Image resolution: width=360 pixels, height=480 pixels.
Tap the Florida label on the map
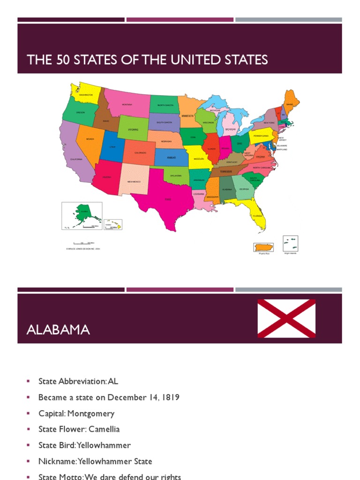tap(257, 216)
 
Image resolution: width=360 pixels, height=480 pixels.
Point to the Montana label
tap(127, 105)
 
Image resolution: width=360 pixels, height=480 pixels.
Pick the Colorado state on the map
tap(140, 152)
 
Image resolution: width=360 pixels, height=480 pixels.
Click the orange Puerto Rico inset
tap(263, 247)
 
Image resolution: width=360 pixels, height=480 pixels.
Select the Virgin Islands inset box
tap(290, 244)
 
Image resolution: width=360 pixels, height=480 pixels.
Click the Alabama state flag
tap(286, 318)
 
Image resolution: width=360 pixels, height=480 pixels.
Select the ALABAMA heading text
tap(58, 330)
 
